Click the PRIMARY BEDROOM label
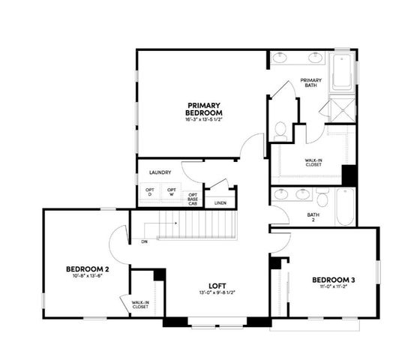coord(204,109)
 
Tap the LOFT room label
coord(217,286)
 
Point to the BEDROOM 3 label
coord(333,280)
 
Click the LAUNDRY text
coord(160,172)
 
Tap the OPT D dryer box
coord(151,193)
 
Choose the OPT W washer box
coord(172,193)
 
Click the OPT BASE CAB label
coord(193,199)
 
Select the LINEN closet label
coord(220,202)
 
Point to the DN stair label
coord(142,241)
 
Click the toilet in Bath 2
coord(322,199)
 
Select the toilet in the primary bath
coord(280,130)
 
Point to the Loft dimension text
coord(217,293)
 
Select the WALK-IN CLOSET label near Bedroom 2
coord(140,304)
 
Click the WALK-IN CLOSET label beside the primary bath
coord(314,163)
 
